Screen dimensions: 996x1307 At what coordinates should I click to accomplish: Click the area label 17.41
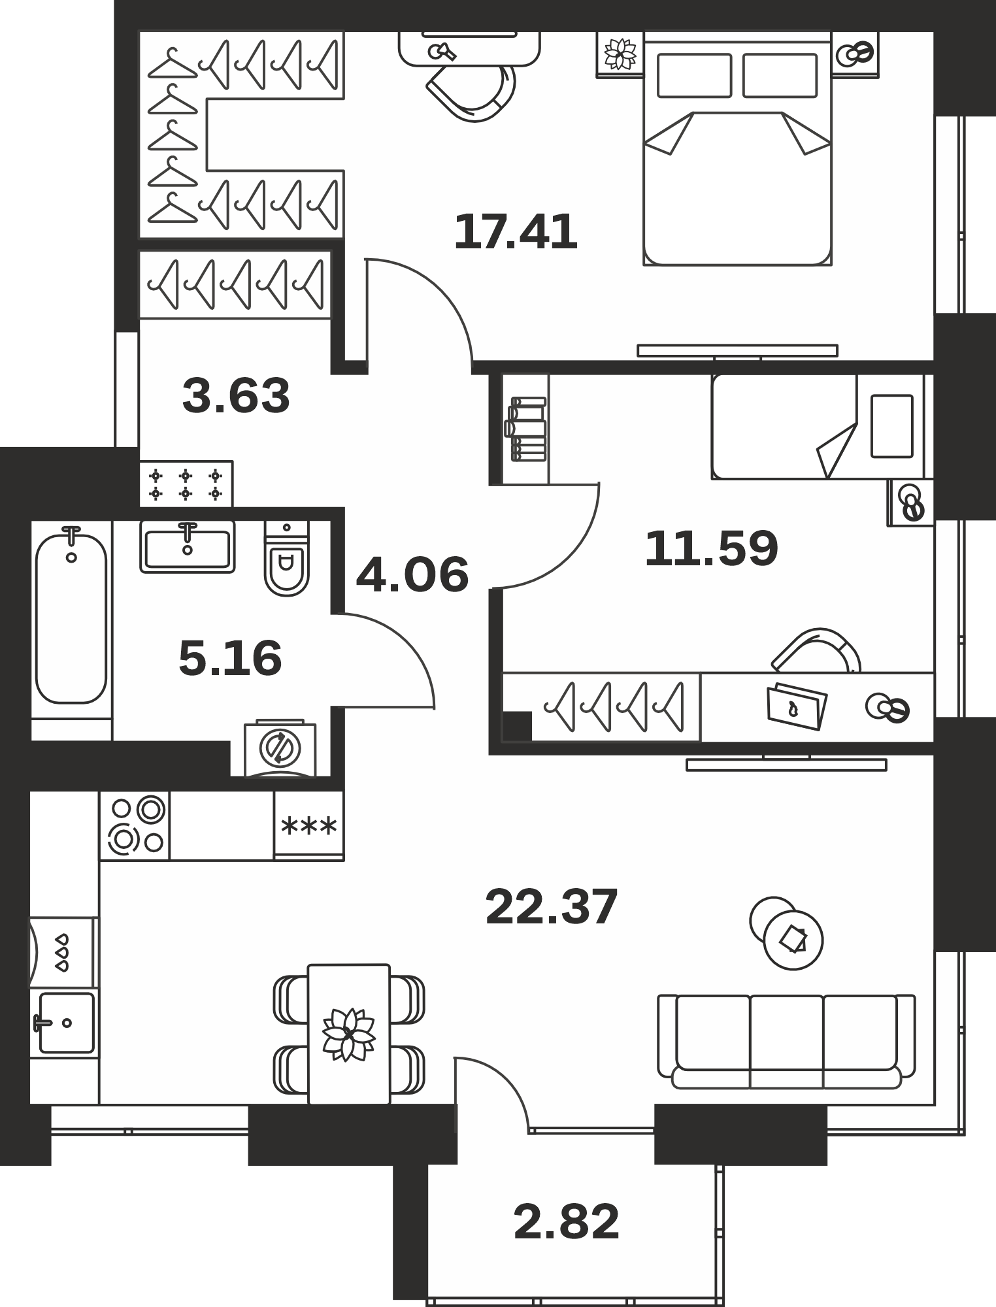(516, 232)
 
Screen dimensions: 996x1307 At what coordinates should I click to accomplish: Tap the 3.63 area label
(236, 396)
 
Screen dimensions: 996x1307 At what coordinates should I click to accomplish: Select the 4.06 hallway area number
(412, 574)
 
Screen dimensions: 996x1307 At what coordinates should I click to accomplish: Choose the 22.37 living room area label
(552, 906)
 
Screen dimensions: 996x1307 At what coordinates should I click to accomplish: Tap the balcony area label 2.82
(566, 1221)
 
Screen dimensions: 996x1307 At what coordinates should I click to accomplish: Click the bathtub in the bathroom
(71, 618)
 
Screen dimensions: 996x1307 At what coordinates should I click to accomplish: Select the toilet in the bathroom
(286, 558)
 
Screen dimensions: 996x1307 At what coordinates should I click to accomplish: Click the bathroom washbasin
(188, 546)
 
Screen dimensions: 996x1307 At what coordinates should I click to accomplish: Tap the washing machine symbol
(280, 748)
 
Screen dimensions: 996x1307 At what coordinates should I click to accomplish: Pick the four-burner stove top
(135, 825)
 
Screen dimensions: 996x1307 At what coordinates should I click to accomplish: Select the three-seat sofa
(786, 1042)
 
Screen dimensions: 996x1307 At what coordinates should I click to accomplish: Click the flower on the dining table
(348, 1034)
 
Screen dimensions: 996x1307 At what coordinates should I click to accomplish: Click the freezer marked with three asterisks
(308, 825)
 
